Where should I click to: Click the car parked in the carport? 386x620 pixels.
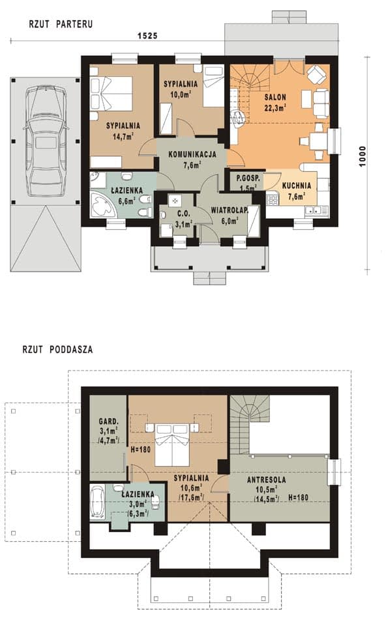coord(46,141)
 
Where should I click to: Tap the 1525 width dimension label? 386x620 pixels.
coord(147,36)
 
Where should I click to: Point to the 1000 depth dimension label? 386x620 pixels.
coord(363,156)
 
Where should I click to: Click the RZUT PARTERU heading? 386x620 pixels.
coord(61,24)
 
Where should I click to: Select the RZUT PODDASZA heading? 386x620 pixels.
coord(58,350)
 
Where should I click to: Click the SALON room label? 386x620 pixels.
coord(276,97)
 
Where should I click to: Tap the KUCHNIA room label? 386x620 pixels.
coord(297,186)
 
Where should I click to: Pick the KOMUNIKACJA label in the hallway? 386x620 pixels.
coord(192,154)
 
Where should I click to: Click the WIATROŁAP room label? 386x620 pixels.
coord(230,211)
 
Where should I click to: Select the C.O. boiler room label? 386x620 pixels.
coord(184,214)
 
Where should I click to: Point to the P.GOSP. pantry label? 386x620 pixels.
coord(248,178)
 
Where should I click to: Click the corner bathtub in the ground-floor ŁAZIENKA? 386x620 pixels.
coord(102,204)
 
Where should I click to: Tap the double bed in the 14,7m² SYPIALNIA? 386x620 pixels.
coord(111,94)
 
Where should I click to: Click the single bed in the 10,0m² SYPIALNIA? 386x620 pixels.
coord(214,86)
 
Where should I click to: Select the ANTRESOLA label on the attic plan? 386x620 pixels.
coord(267,480)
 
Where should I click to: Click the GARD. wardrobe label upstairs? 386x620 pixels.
coord(108,421)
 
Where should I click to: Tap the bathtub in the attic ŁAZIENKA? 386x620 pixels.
coord(97,501)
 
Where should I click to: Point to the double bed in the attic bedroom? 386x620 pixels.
coord(173,445)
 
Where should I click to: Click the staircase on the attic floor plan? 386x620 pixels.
coord(246,424)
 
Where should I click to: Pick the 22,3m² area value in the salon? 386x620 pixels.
coord(276,107)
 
